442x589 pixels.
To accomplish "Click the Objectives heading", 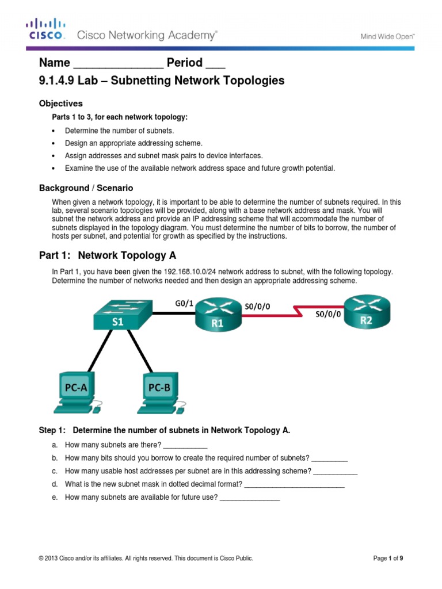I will [60, 104].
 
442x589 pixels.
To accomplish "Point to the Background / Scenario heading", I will [86, 188].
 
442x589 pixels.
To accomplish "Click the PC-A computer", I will [76, 393].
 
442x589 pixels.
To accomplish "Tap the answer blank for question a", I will [185, 446].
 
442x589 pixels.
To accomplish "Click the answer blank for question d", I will [294, 484].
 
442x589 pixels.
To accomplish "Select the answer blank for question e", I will [250, 498].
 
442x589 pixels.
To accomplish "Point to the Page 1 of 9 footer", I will [393, 558].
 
